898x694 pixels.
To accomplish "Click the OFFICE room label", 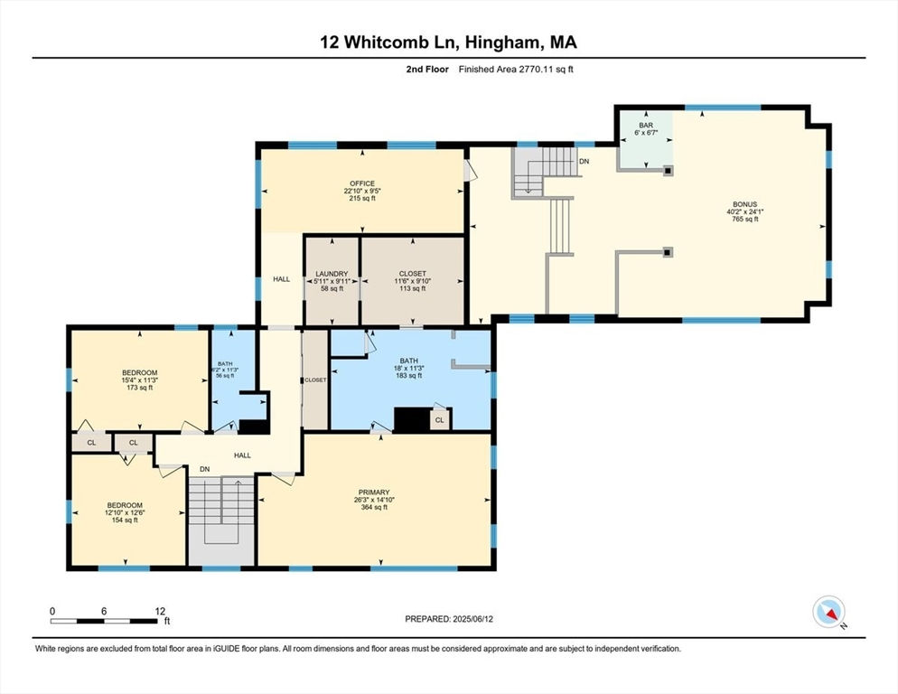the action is click(362, 183).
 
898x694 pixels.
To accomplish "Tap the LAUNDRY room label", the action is click(332, 274).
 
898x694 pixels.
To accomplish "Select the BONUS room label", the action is click(744, 204).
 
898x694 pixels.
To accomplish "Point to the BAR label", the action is click(646, 125).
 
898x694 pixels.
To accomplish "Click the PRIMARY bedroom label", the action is click(374, 492).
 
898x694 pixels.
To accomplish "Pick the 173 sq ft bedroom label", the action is click(139, 372).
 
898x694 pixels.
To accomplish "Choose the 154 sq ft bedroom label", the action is click(125, 505).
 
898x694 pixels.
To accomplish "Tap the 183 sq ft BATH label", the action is click(409, 361).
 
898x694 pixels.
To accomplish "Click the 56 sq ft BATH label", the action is click(225, 364).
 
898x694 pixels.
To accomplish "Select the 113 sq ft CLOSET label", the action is click(412, 274).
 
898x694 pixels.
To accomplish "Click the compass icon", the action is click(828, 612).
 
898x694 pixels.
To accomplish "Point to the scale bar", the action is click(104, 621).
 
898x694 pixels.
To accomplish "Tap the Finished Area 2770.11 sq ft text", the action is click(516, 70).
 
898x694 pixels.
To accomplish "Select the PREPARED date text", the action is click(449, 619).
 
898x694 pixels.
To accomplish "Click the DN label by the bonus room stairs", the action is click(585, 162).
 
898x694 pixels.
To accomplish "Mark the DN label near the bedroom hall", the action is click(204, 469).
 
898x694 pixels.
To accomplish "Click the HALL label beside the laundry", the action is click(281, 279).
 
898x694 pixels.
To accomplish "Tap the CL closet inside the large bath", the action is click(439, 420).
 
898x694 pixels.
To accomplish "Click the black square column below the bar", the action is click(668, 170).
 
